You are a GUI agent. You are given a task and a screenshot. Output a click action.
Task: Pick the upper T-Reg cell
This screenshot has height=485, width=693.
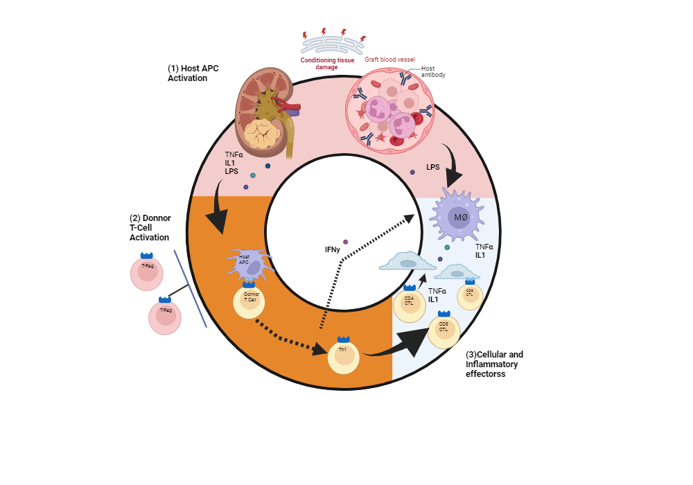pos(146,272)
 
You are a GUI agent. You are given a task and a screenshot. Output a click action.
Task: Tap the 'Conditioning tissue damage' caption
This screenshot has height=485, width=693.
pos(327,64)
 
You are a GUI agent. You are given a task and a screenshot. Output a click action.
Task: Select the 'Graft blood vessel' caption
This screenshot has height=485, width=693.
pos(389,60)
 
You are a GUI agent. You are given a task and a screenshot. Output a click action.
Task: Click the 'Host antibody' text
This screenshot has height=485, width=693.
pos(433,72)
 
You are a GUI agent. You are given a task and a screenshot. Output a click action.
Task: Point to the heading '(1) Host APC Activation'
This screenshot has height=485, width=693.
pos(188,73)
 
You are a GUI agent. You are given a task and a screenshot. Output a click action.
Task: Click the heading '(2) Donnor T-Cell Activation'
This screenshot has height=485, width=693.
pos(150,228)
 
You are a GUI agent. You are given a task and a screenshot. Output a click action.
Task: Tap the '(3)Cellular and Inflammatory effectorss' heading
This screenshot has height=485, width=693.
pos(494,364)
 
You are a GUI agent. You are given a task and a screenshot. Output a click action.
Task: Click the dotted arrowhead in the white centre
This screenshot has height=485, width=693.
pos(408,219)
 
